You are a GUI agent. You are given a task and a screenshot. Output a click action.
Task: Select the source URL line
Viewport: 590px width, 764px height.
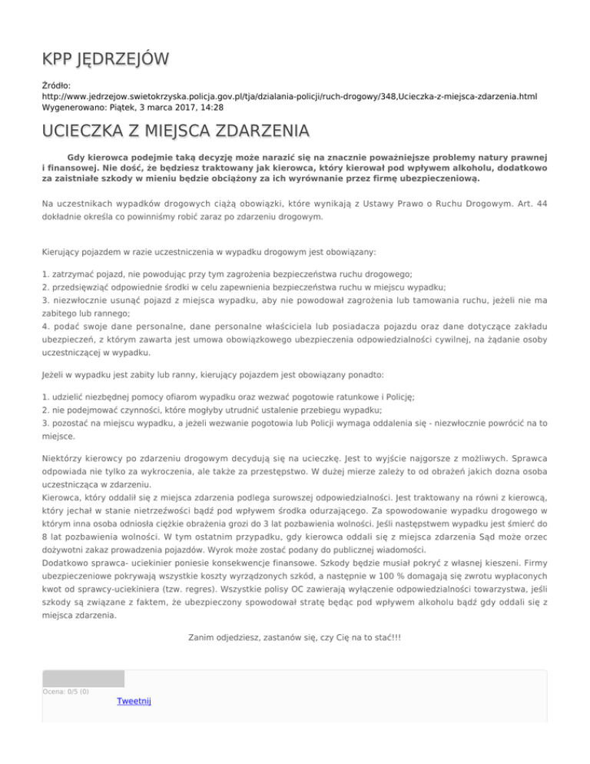(278, 98)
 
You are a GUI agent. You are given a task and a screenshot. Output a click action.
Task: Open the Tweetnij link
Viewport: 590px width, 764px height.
(134, 701)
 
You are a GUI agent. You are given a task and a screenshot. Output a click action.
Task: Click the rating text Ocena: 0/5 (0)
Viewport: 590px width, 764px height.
(65, 691)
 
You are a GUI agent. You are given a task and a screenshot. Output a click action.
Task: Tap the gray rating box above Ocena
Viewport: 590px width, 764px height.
(83, 678)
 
